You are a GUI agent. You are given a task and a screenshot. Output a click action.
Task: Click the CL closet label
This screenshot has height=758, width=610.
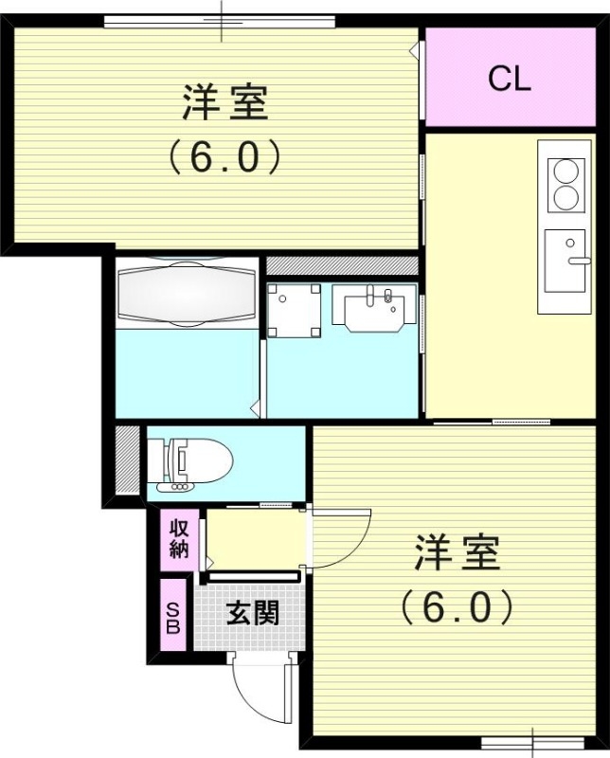click(x=509, y=80)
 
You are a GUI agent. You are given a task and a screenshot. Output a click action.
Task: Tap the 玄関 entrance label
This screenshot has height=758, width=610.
click(x=253, y=613)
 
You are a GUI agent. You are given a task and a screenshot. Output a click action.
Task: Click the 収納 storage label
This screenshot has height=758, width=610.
click(x=179, y=537)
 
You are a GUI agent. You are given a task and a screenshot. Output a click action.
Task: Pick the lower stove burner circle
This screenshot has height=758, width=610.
click(x=565, y=198)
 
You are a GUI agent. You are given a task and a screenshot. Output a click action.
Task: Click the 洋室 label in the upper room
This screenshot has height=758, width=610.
click(x=224, y=102)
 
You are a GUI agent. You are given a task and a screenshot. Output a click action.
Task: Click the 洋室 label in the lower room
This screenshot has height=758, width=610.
click(x=456, y=554)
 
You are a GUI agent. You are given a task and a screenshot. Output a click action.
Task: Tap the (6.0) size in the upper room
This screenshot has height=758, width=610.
click(x=224, y=156)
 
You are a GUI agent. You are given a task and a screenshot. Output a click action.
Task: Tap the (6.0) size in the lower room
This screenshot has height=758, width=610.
click(x=456, y=606)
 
